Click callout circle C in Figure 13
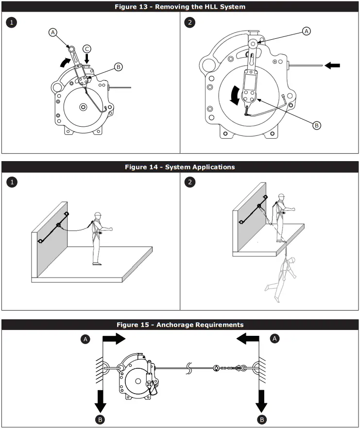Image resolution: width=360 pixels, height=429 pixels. click(x=86, y=49)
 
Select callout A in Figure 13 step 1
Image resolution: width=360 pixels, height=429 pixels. click(x=53, y=33)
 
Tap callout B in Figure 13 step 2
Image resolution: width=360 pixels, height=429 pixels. click(x=316, y=125)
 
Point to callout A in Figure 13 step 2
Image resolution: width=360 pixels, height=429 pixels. click(x=306, y=31)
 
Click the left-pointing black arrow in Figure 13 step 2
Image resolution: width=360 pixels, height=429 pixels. click(x=332, y=65)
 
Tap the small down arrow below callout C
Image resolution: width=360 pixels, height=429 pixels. click(x=87, y=59)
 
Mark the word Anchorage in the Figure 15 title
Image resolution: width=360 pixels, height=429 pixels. click(x=176, y=325)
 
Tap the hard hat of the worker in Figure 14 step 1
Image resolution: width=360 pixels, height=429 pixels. click(x=98, y=214)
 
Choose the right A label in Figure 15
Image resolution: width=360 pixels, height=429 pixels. click(x=275, y=339)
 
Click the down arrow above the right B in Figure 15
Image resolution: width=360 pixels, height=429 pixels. click(x=261, y=401)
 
